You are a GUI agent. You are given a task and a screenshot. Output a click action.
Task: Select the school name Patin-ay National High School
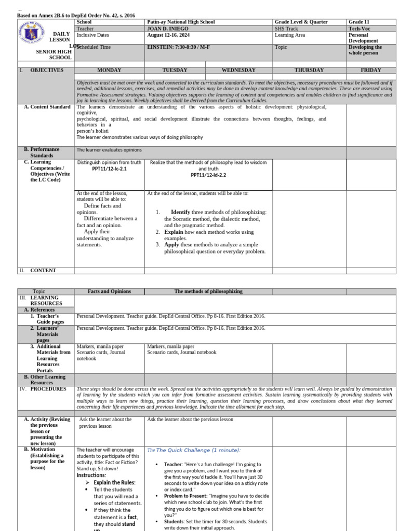click(181, 22)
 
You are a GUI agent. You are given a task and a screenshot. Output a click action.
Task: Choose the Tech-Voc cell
click(358, 29)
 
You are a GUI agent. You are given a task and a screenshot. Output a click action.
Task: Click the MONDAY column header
click(109, 70)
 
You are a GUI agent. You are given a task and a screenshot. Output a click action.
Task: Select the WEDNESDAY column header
click(238, 70)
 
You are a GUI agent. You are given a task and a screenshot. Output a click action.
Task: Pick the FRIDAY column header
click(371, 70)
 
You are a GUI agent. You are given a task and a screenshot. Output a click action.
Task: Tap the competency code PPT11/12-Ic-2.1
click(109, 169)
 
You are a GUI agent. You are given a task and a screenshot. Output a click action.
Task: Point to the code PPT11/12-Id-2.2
click(208, 175)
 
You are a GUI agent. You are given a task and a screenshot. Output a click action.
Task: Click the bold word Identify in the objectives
click(182, 212)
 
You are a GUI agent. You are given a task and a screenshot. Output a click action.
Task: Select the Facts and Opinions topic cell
click(109, 291)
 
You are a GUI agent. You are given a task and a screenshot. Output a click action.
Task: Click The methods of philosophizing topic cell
click(208, 291)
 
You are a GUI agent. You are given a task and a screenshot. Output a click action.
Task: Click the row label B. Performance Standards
click(45, 152)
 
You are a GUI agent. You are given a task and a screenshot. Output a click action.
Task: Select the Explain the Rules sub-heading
click(114, 482)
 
